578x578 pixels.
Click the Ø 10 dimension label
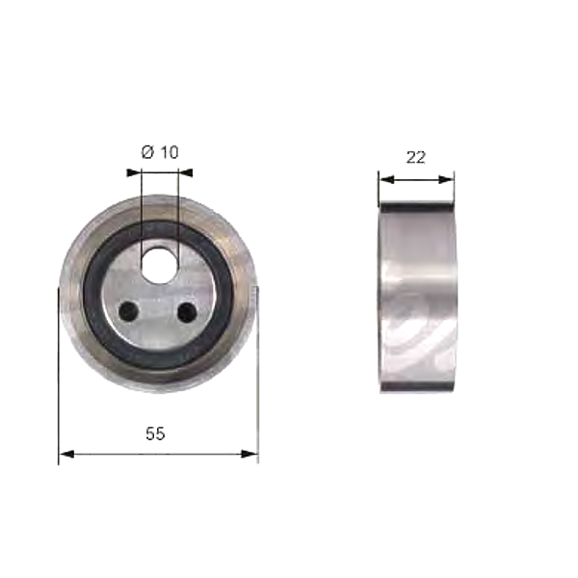click(160, 152)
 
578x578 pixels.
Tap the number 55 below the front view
click(155, 434)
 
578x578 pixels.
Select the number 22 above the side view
click(415, 158)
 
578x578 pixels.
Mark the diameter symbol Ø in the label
click(148, 152)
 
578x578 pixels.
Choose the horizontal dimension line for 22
click(415, 178)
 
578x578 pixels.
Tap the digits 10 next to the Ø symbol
click(168, 152)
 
